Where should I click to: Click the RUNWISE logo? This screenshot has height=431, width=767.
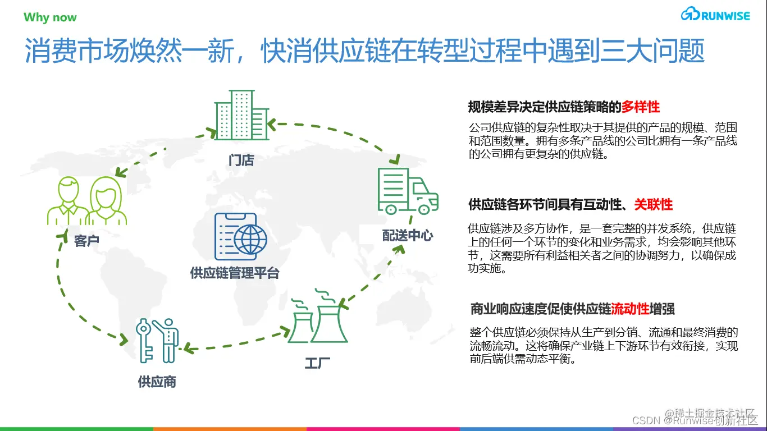(x=715, y=15)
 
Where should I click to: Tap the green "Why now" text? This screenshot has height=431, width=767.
(x=50, y=17)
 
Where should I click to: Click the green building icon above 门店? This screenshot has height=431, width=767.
(x=241, y=115)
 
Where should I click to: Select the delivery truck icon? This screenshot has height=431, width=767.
(x=407, y=191)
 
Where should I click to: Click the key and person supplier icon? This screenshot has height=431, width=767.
(x=157, y=340)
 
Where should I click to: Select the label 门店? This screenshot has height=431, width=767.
(x=241, y=161)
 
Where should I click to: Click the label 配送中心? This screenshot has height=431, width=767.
(x=408, y=236)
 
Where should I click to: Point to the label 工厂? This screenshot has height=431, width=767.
(x=317, y=363)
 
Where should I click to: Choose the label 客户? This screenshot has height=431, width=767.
(x=86, y=241)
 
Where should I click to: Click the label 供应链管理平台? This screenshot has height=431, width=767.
(x=235, y=274)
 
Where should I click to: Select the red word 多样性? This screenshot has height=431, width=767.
(x=641, y=107)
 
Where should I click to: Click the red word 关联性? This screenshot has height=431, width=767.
(x=654, y=204)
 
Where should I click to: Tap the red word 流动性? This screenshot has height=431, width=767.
(x=630, y=309)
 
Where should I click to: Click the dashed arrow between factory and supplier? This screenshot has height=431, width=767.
(x=236, y=344)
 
